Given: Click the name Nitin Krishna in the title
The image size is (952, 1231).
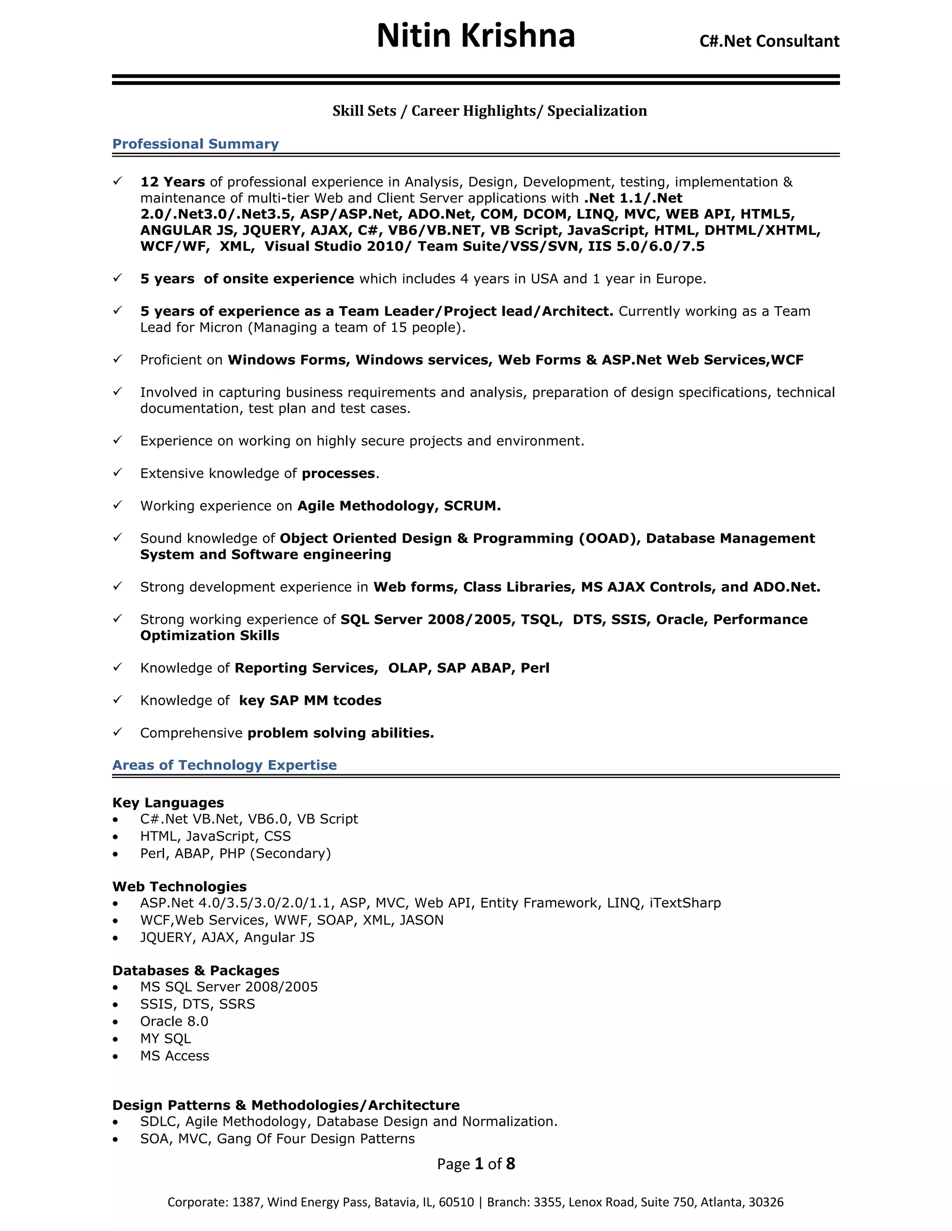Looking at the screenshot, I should click(476, 36).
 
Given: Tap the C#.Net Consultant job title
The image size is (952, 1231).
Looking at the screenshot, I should click(769, 41).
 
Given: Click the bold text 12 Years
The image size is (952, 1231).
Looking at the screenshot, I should click(172, 182).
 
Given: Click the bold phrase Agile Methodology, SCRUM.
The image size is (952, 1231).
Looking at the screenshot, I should click(399, 506).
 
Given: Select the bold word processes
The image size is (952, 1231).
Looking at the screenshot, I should click(338, 473).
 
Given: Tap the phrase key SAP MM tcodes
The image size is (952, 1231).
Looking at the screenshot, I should click(310, 701).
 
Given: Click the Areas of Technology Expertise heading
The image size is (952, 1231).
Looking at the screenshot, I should click(224, 765).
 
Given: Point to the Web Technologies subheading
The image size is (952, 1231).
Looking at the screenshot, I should click(179, 887).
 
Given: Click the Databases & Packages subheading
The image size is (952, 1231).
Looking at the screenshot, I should click(195, 970).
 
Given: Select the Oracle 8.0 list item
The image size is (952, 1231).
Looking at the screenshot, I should click(174, 1021).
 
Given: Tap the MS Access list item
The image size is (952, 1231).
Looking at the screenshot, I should click(174, 1056).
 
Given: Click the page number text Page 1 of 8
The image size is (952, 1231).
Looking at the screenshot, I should click(476, 1164).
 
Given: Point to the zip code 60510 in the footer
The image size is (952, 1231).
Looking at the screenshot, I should click(456, 1202).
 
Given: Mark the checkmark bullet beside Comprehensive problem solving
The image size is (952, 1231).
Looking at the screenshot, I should click(117, 732).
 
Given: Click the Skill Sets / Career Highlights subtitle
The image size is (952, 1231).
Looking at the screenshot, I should click(489, 111).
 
